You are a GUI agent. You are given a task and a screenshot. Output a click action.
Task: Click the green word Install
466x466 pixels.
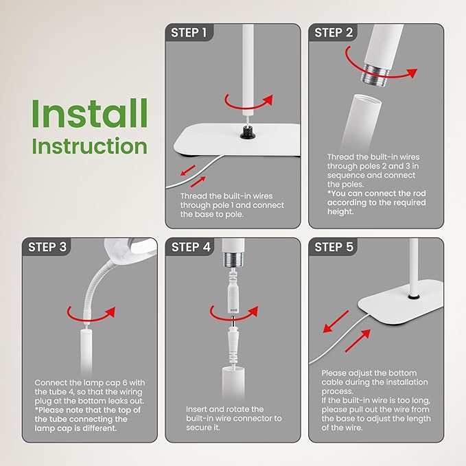pyautogui.click(x=89, y=113)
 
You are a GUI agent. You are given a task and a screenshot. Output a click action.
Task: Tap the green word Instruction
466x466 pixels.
pyautogui.click(x=89, y=145)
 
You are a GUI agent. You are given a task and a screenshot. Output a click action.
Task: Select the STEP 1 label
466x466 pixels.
pyautogui.click(x=189, y=33)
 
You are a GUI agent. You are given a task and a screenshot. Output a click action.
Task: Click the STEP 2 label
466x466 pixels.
pyautogui.click(x=334, y=33)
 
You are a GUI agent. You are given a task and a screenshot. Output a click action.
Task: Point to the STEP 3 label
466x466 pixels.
pyautogui.click(x=47, y=247)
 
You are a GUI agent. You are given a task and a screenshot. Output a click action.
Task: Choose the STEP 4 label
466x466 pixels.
pyautogui.click(x=191, y=247)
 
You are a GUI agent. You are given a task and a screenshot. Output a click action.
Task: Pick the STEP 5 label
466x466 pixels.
pyautogui.click(x=334, y=247)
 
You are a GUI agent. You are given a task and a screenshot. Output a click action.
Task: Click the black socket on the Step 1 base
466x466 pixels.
pyautogui.click(x=248, y=132)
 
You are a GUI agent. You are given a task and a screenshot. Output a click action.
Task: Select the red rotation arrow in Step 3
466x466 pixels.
pyautogui.click(x=91, y=318)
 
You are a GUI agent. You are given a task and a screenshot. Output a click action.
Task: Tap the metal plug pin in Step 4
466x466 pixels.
pyautogui.click(x=233, y=322)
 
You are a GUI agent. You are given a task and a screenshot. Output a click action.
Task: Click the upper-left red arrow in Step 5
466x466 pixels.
pyautogui.click(x=336, y=322)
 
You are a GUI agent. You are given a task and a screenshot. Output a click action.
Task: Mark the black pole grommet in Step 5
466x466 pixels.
pyautogui.click(x=412, y=296)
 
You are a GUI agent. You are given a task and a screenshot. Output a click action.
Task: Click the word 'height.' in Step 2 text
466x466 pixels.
pyautogui.click(x=340, y=212)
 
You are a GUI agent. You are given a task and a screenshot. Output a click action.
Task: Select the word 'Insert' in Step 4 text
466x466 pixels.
pyautogui.click(x=196, y=409)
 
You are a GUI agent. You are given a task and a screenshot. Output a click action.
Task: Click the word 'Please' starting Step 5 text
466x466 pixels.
pyautogui.click(x=334, y=373)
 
